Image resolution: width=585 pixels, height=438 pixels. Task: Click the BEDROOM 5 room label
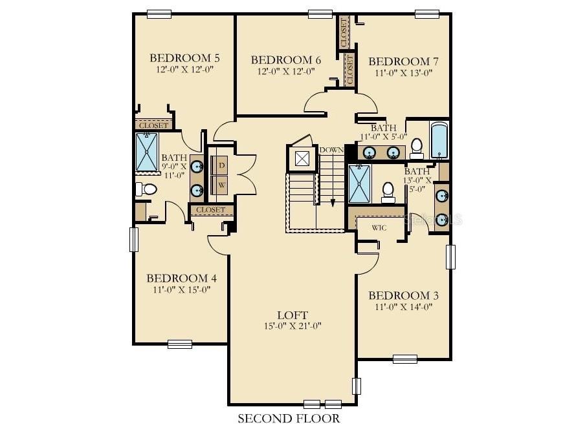(184, 58)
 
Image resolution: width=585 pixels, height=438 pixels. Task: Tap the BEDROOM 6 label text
(286, 60)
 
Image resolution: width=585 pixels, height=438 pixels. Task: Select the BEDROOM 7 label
(403, 61)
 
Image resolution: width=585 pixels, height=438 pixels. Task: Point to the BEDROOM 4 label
(182, 278)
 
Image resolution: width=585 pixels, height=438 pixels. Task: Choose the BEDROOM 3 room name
(403, 296)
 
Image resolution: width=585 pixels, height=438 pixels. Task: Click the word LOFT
(292, 315)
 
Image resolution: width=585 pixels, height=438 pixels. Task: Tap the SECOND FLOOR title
(289, 418)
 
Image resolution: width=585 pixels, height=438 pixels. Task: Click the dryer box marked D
(221, 165)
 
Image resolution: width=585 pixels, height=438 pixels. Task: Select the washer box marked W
(221, 185)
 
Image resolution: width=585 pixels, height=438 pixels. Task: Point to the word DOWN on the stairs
(331, 150)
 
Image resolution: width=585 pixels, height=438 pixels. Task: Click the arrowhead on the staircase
(333, 203)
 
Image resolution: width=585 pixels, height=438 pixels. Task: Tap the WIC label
(379, 227)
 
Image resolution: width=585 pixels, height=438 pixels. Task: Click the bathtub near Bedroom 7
(440, 140)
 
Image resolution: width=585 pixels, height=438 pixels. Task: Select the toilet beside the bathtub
(416, 148)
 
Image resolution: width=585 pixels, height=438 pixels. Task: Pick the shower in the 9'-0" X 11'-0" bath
(147, 152)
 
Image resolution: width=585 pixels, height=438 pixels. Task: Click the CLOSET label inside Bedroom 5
(154, 125)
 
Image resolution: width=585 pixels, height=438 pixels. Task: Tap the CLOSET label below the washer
(211, 210)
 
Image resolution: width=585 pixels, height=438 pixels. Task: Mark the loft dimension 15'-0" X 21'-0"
(292, 326)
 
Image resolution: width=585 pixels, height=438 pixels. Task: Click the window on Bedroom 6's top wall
(320, 14)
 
